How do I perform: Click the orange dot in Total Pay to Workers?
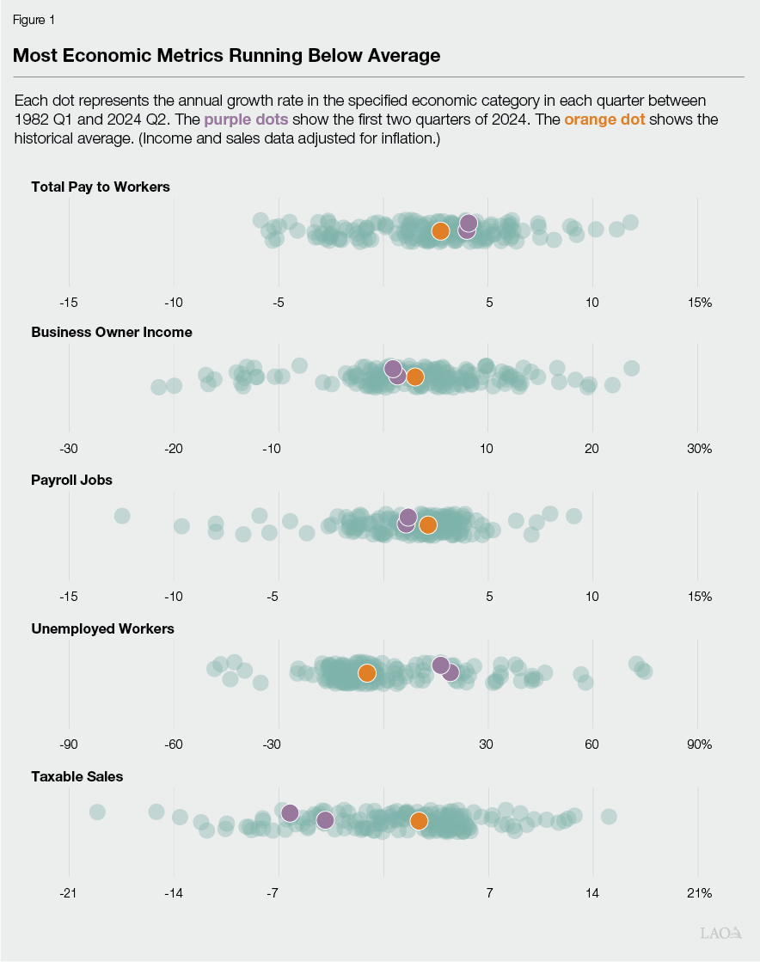[440, 231]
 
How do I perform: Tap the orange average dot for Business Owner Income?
[414, 377]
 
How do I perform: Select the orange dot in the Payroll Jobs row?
[427, 525]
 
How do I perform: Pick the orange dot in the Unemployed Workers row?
[366, 673]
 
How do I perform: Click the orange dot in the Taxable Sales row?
[419, 821]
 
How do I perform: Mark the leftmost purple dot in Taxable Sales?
[290, 813]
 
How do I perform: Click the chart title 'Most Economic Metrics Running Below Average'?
[227, 56]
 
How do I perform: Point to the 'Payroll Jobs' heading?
[71, 481]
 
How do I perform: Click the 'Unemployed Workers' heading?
[102, 628]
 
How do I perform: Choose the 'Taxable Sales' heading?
[77, 776]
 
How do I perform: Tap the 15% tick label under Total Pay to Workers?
[699, 303]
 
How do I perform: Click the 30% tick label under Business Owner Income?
[699, 449]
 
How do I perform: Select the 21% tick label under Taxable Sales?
[699, 893]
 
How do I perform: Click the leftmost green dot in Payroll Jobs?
[122, 516]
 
